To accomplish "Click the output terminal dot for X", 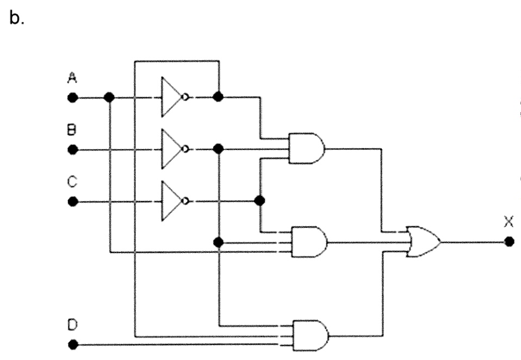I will coord(508,241).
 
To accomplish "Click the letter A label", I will coord(71,79).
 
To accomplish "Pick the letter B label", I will coord(71,131).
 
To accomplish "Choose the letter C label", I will coord(71,183).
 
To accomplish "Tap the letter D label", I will coord(71,325).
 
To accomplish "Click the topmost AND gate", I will coord(307,148).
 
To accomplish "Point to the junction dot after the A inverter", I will coord(218,98).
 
